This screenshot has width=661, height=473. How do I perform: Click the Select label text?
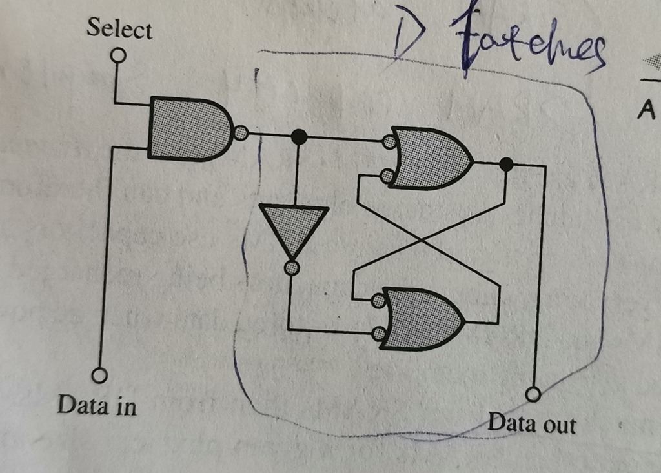119,29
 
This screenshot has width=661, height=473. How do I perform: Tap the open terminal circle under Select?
117,56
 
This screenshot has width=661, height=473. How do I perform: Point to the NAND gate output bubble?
241,134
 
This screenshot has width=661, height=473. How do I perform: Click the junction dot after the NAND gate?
299,136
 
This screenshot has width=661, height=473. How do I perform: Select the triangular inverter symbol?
294,229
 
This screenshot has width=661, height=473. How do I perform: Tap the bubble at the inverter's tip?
292,267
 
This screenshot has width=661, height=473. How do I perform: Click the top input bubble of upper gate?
389,141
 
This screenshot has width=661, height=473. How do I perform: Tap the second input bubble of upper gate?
387,175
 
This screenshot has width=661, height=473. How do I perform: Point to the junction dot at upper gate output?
507,165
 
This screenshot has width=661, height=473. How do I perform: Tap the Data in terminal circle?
99,375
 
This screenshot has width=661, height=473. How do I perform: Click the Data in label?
97,405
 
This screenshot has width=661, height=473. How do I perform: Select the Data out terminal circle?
533,393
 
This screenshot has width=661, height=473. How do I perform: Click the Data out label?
531,423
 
